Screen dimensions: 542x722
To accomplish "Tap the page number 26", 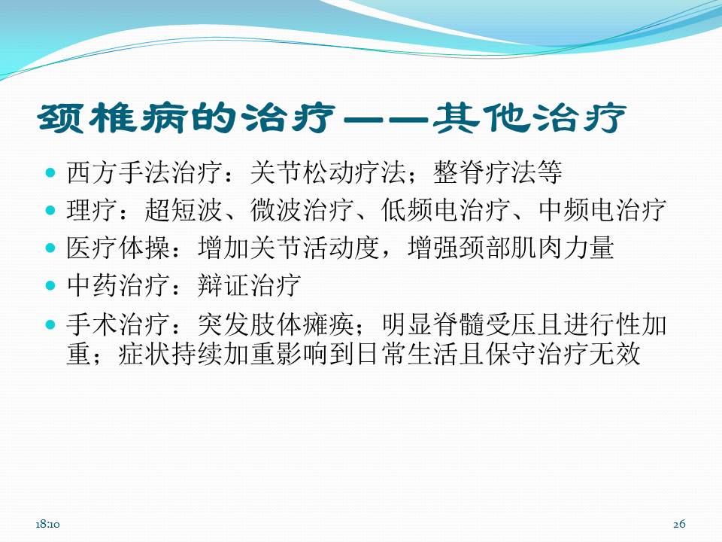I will pos(680,523).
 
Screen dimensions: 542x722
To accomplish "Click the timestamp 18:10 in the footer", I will pos(47,523).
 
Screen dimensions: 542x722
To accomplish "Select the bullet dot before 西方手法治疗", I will pos(51,172).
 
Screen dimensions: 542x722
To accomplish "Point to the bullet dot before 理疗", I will pos(51,210).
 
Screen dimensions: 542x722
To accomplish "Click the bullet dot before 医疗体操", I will pos(51,247).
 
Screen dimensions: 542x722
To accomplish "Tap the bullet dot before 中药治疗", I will pos(51,285).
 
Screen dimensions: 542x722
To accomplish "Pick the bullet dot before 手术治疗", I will pos(51,324).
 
